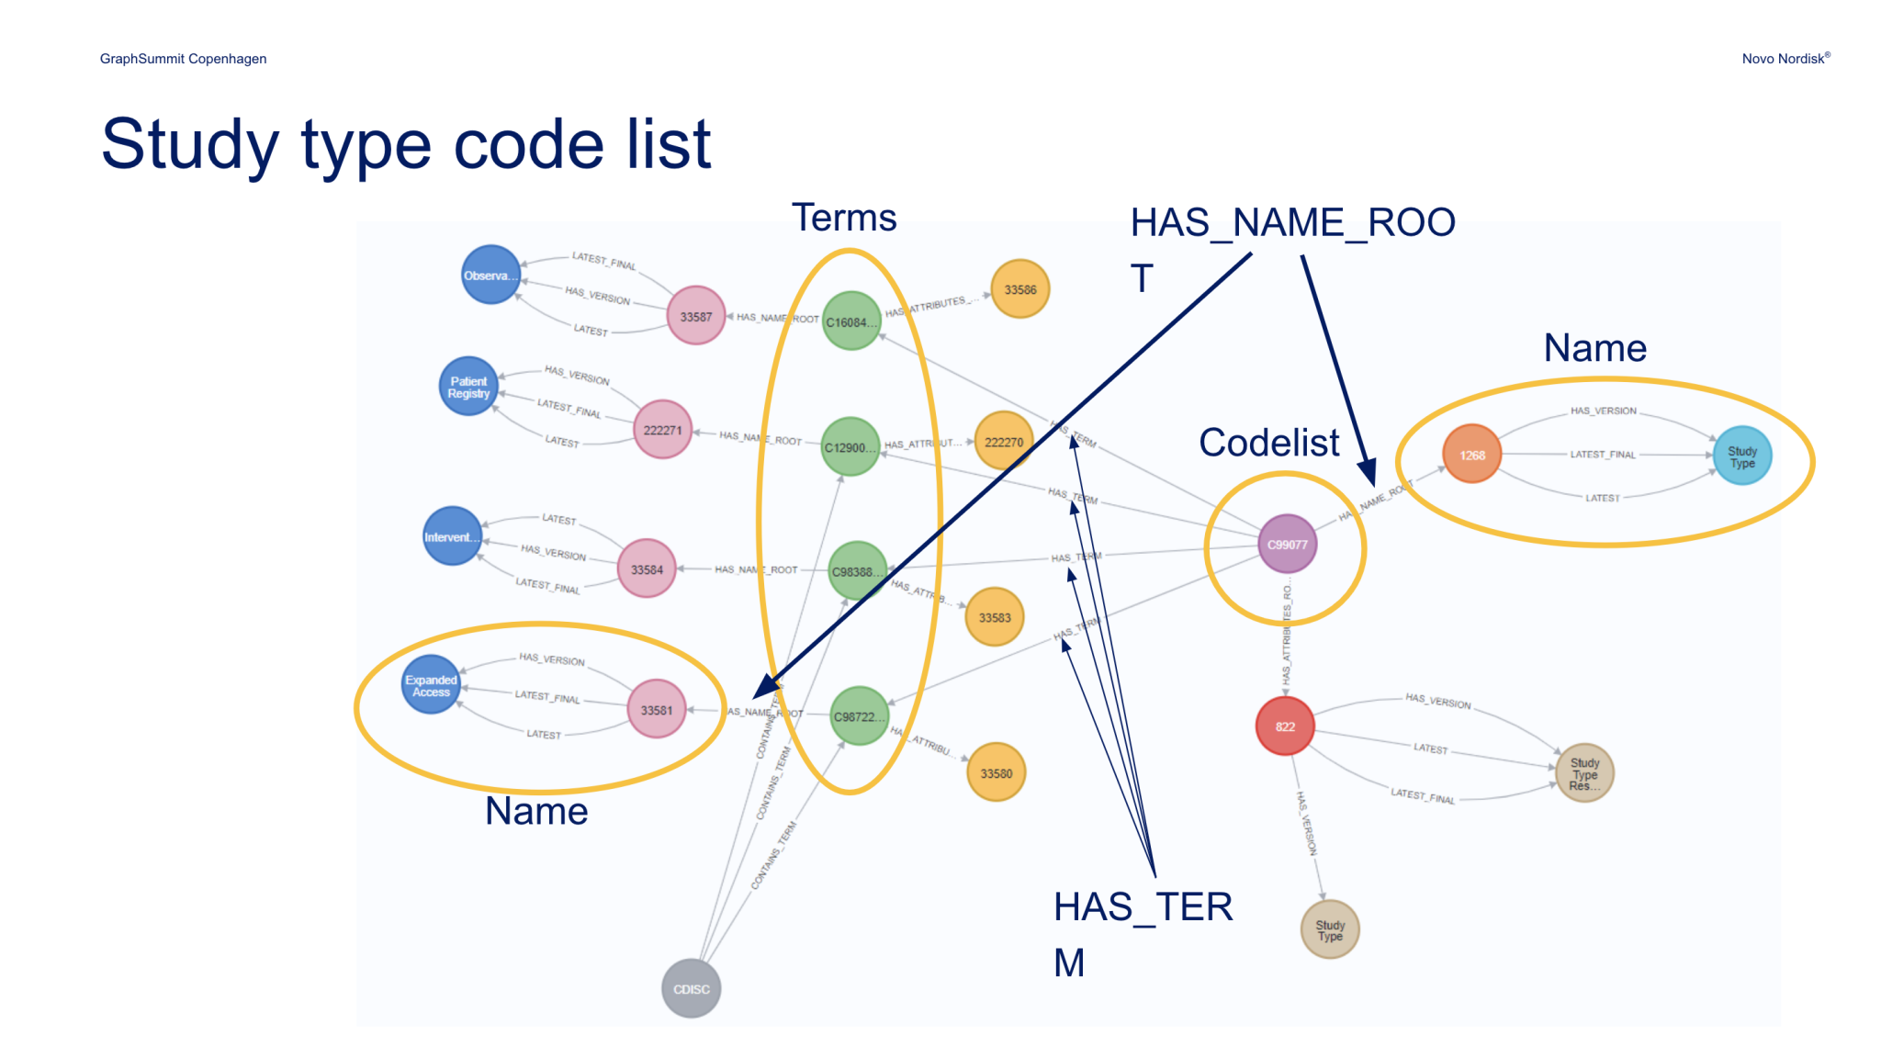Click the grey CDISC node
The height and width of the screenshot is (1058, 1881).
pyautogui.click(x=691, y=988)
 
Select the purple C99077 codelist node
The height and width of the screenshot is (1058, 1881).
pyautogui.click(x=1287, y=544)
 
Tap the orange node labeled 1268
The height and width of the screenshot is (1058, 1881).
pyautogui.click(x=1471, y=455)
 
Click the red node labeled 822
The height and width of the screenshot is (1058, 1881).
pyautogui.click(x=1285, y=726)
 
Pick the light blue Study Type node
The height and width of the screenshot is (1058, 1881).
pyautogui.click(x=1741, y=456)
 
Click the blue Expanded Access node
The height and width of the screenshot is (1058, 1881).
pyautogui.click(x=431, y=685)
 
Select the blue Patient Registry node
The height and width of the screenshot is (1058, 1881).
pyautogui.click(x=468, y=387)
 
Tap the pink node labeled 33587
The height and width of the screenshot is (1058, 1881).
pyautogui.click(x=695, y=316)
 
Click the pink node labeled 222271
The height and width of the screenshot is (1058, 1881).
pyautogui.click(x=662, y=430)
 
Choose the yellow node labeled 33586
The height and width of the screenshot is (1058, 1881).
pyautogui.click(x=1019, y=289)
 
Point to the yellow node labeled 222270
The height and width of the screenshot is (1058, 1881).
pyautogui.click(x=1003, y=442)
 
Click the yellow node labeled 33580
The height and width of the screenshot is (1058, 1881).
pyautogui.click(x=996, y=773)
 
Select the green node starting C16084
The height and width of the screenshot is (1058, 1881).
pyautogui.click(x=850, y=321)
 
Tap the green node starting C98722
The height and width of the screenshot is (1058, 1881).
pyautogui.click(x=859, y=716)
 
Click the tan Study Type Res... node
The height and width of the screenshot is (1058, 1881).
pyautogui.click(x=1584, y=773)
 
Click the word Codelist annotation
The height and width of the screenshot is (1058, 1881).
pyautogui.click(x=1268, y=443)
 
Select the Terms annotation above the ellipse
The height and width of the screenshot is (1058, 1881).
pyautogui.click(x=843, y=218)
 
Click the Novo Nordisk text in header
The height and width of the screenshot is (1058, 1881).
pyautogui.click(x=1785, y=59)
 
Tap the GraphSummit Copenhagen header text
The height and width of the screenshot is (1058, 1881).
pyautogui.click(x=183, y=59)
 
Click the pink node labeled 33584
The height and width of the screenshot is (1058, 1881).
pyautogui.click(x=647, y=569)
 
